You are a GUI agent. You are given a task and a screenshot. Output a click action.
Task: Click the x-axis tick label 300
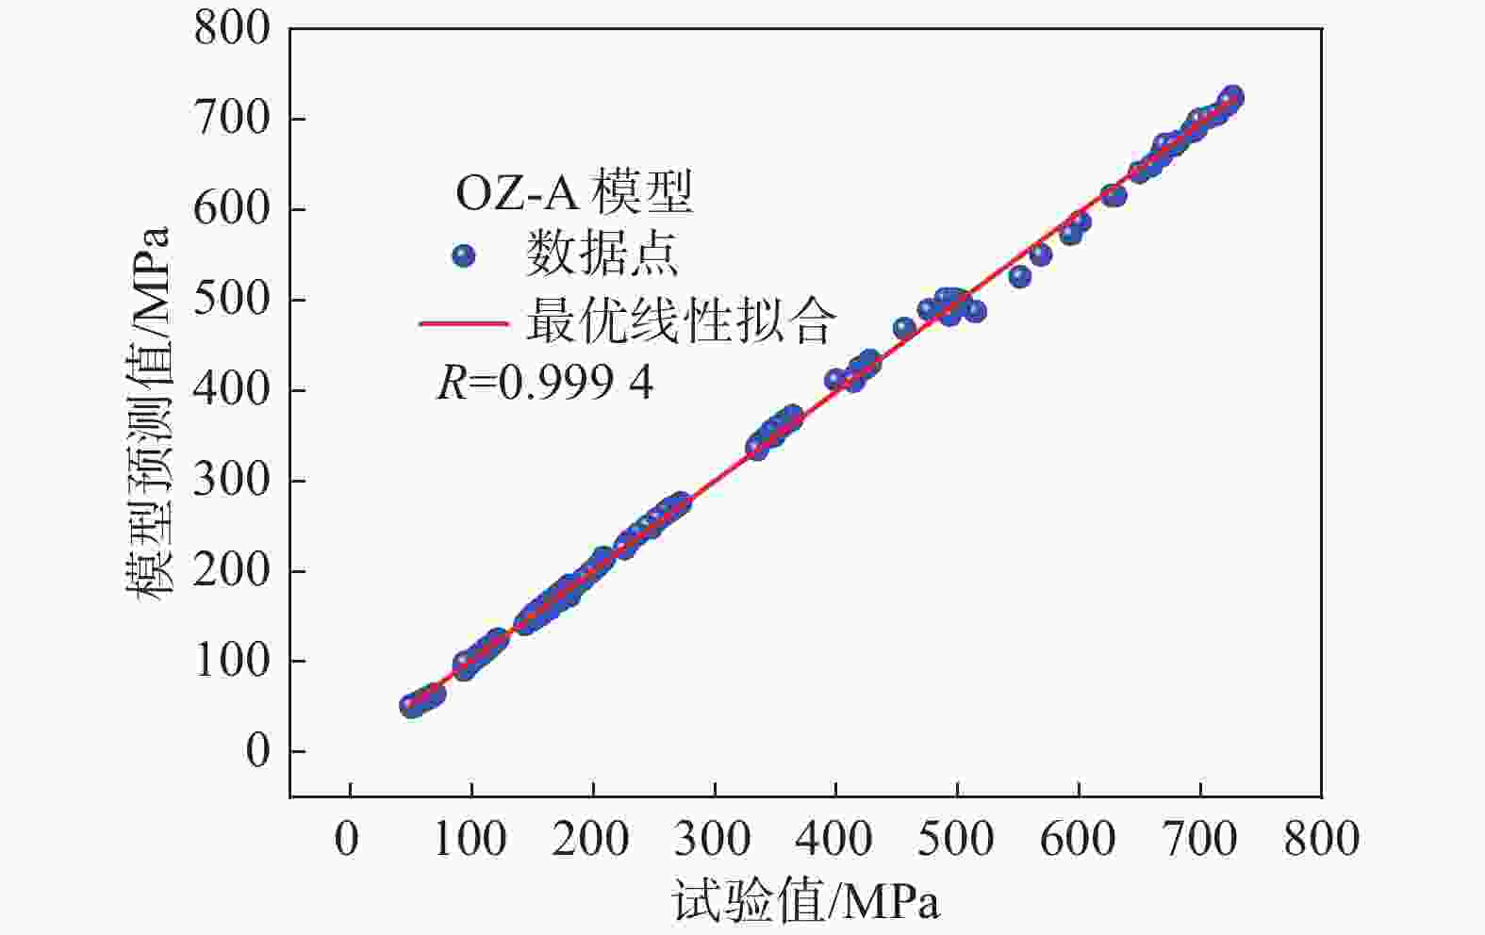(x=713, y=838)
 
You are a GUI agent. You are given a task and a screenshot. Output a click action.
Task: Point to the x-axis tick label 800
(x=1321, y=838)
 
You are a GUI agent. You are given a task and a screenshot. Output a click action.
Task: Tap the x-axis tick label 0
(x=348, y=838)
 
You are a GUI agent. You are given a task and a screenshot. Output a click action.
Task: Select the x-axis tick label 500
(x=956, y=838)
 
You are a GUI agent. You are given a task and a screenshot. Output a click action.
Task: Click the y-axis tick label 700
(x=231, y=119)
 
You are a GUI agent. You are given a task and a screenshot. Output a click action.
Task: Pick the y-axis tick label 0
(x=256, y=751)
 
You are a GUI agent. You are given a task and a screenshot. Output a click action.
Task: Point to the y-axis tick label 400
(x=231, y=389)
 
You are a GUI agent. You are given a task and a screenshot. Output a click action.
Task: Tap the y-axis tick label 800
(x=231, y=28)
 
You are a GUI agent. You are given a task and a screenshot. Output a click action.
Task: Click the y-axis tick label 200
(x=231, y=570)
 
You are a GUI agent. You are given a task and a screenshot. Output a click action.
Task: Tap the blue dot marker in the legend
(x=463, y=255)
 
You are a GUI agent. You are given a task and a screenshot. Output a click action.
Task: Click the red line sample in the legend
(x=464, y=323)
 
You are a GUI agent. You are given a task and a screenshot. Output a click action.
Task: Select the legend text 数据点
(x=602, y=255)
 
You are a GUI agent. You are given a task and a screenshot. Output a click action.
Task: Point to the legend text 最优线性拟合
(x=680, y=321)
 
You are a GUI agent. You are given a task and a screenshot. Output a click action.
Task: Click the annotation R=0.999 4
(x=545, y=384)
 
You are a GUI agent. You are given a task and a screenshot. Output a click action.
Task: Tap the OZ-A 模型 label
(x=573, y=192)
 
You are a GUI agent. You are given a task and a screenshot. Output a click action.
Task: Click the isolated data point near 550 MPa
(x=1019, y=276)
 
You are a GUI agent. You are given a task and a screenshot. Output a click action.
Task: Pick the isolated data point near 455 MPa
(x=904, y=328)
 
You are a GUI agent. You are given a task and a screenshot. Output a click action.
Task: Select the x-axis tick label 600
(x=1078, y=838)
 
